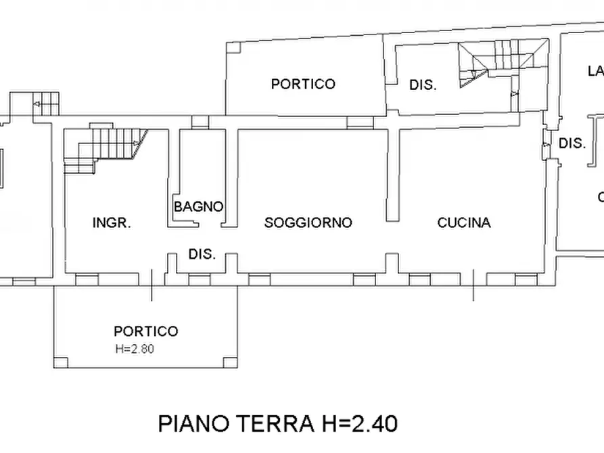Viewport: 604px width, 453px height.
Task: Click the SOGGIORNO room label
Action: click(x=308, y=222)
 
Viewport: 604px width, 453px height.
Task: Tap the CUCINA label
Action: click(x=464, y=222)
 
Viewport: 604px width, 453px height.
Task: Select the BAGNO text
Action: click(x=199, y=207)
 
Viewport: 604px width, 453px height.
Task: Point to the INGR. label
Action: click(x=112, y=222)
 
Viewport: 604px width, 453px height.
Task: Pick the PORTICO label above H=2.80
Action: click(x=145, y=331)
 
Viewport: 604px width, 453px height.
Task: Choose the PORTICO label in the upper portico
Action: click(x=303, y=84)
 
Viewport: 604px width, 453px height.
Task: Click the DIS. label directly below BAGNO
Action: click(x=202, y=255)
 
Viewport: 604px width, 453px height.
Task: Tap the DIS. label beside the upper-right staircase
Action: click(x=423, y=85)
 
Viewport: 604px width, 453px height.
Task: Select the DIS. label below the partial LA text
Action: click(x=572, y=143)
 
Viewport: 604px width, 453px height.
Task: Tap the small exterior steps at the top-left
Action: click(x=45, y=103)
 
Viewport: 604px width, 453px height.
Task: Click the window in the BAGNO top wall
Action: click(x=200, y=122)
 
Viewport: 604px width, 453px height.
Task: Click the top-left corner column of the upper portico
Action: click(x=232, y=47)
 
